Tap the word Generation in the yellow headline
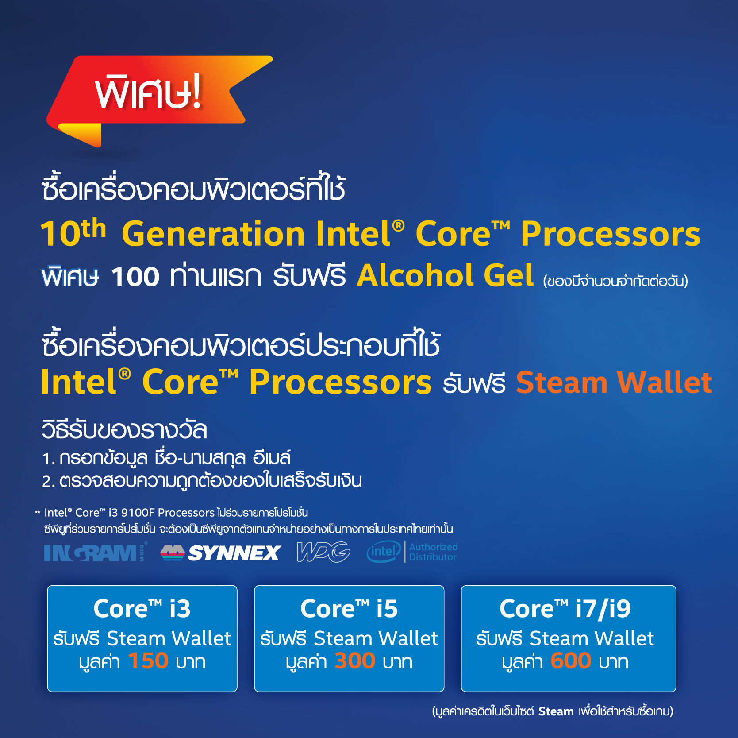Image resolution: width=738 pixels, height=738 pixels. (213, 234)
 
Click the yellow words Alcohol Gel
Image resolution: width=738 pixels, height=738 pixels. (445, 276)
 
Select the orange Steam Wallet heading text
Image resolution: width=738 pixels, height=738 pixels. (614, 383)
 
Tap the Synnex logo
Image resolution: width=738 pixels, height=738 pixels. (220, 553)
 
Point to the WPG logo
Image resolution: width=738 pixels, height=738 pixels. (323, 552)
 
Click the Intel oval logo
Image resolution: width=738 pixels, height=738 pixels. (384, 552)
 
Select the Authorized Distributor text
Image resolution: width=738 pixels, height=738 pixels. (433, 552)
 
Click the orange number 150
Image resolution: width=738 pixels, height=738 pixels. (148, 661)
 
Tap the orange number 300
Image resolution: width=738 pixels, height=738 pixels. (355, 661)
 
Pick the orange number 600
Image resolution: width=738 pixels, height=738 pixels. (571, 661)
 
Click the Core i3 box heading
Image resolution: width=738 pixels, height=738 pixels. (142, 609)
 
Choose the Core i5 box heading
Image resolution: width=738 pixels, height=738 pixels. (349, 609)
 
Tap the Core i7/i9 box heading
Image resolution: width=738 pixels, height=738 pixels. (565, 609)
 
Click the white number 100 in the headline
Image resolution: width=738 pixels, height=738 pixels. (135, 277)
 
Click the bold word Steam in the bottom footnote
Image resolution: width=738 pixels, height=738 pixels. (556, 711)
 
